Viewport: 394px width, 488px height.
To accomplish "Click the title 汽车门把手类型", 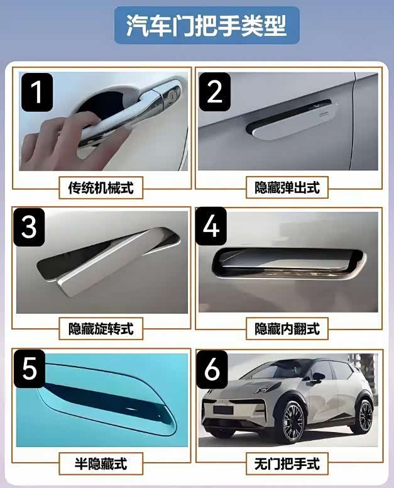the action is click(x=207, y=26).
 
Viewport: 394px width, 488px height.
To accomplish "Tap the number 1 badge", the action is click(x=36, y=92).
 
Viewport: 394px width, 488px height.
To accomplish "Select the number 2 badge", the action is click(x=214, y=92).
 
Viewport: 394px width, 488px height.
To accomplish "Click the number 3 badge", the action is click(x=29, y=227).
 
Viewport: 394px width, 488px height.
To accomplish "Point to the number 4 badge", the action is click(x=211, y=226).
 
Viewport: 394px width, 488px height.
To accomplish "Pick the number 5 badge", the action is click(x=30, y=369).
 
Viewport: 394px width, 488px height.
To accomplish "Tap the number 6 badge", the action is click(x=212, y=369).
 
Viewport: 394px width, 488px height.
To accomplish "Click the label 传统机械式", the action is click(x=101, y=187).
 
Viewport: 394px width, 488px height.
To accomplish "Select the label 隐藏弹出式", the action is click(x=287, y=187).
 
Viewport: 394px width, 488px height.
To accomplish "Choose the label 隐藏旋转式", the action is click(x=101, y=329).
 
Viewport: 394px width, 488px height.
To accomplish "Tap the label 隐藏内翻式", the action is click(x=287, y=329).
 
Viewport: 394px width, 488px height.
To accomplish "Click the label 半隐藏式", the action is click(x=101, y=463).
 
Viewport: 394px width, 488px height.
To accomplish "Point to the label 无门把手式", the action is click(x=287, y=463).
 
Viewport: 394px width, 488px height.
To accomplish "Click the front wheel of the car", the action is click(x=293, y=422).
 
